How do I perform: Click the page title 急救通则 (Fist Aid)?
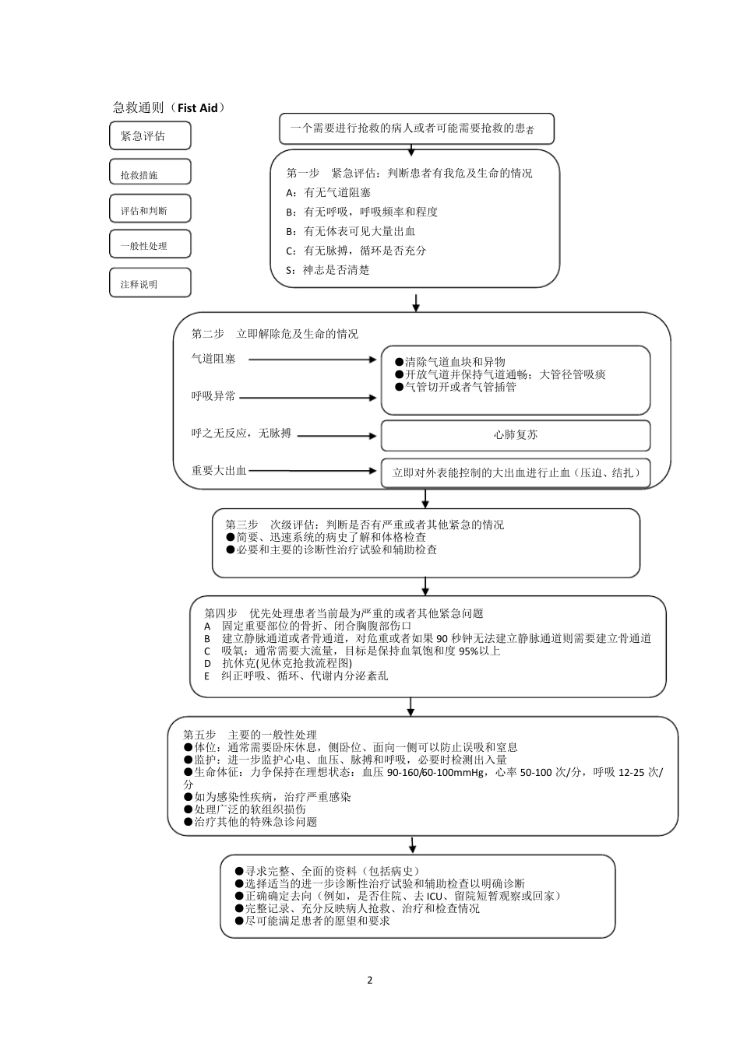point(169,107)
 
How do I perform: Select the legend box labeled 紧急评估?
point(150,136)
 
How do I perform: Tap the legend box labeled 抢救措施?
point(150,172)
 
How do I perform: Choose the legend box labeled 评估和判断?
point(150,209)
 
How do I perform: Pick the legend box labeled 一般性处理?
point(150,244)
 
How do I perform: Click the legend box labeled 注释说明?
point(150,283)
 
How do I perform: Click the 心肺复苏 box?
point(515,435)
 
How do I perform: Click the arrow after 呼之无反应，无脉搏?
point(337,435)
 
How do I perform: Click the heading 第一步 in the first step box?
point(303,173)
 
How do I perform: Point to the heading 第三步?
point(242,525)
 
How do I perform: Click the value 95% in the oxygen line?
point(469,651)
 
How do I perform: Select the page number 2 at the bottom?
point(370,980)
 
